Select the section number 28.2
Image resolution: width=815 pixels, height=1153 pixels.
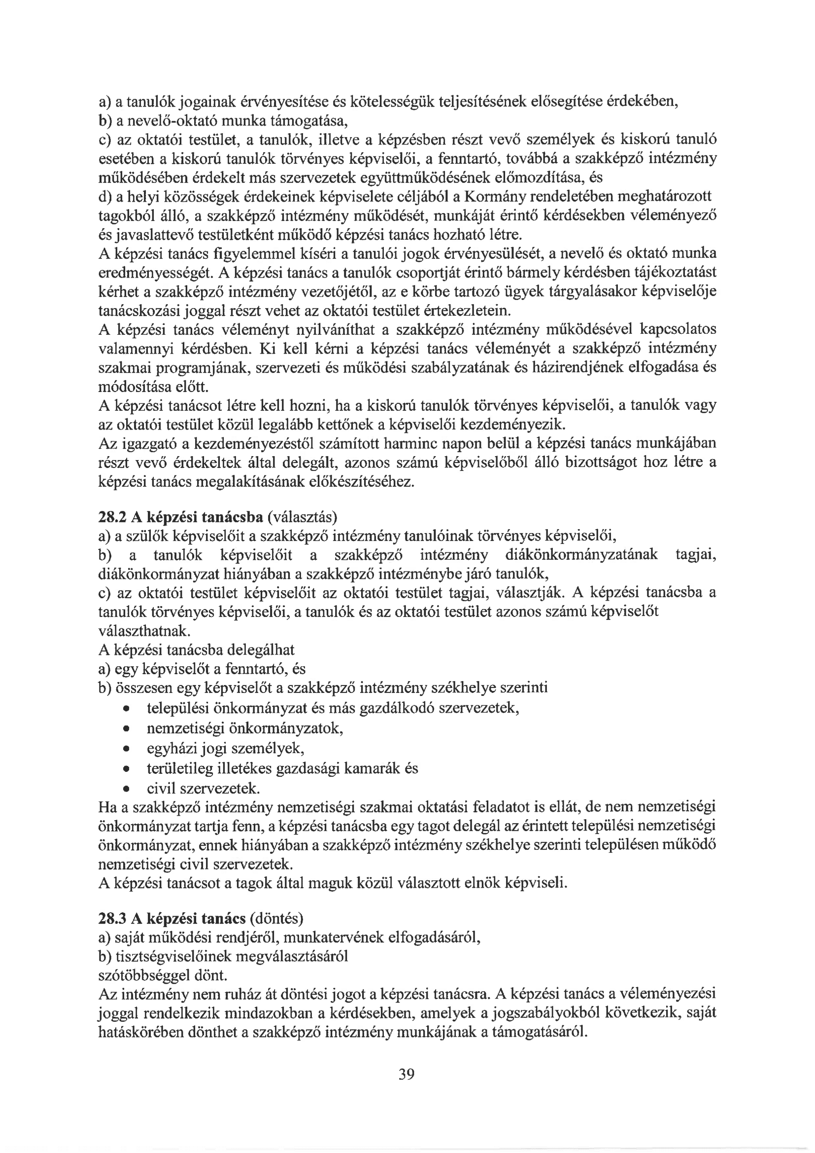[112, 517]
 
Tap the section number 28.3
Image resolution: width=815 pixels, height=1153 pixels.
[112, 918]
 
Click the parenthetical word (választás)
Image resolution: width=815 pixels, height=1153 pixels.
[303, 517]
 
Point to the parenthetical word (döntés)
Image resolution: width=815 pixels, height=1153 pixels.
[276, 918]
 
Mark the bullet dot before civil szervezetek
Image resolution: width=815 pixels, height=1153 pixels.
[127, 788]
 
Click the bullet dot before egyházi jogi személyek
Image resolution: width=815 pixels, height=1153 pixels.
[127, 749]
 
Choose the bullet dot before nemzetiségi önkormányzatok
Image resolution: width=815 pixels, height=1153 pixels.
[127, 729]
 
